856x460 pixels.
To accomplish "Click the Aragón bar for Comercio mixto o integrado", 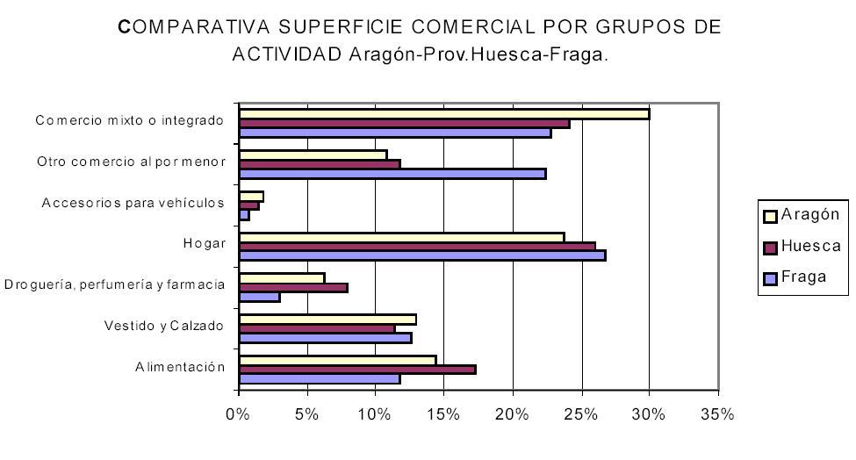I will pos(443,113).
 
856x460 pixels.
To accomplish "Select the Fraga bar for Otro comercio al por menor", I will pos(392,174).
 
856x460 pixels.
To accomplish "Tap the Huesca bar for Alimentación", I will pos(357,369).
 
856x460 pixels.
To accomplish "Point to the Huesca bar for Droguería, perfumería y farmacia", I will pos(293,287).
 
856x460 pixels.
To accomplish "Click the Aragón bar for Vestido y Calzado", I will pos(327,319).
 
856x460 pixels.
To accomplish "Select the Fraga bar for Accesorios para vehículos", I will pos(244,215).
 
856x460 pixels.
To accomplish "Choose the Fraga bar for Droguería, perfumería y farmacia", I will pos(260,297).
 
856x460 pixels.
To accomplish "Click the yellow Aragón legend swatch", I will pos(771,214).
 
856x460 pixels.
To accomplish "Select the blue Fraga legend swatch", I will pos(771,277).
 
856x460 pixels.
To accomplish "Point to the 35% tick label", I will pos(717,414).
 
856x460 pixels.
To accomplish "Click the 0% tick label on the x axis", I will pos(239,414).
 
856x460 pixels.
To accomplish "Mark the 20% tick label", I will pos(512,414).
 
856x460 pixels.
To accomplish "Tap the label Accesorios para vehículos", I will pos(132,204).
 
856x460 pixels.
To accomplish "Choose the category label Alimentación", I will pos(176,368).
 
